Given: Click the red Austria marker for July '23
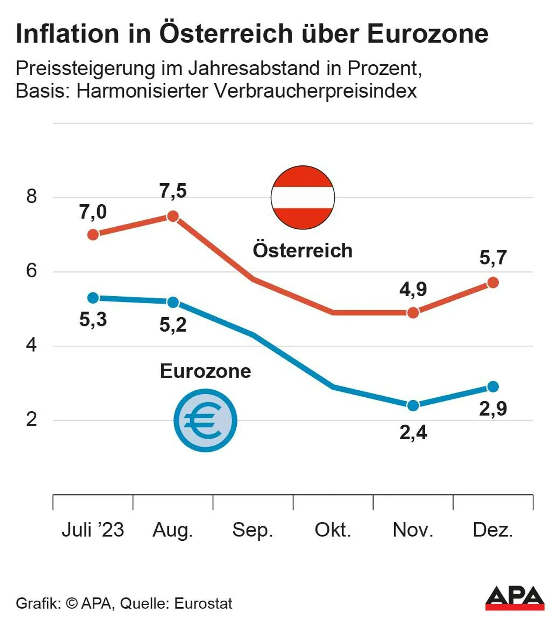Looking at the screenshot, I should [93, 235].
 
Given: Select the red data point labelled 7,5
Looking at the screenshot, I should [173, 216].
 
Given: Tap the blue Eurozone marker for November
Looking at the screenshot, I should [413, 406].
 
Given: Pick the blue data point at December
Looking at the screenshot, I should [493, 387].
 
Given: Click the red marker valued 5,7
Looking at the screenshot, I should [493, 283].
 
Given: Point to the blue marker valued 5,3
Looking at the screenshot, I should [93, 298].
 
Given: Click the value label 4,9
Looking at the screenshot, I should [413, 290].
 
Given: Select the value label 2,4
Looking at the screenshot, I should [413, 433].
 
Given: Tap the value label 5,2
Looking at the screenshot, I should [173, 325].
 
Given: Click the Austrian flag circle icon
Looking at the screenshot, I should [303, 197].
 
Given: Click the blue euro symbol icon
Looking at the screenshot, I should [205, 420].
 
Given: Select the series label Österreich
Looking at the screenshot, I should [302, 251].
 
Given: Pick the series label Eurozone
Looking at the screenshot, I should [205, 371].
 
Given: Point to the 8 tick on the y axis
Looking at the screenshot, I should [31, 196].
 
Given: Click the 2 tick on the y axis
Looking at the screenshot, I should [31, 420].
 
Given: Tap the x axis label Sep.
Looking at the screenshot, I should [252, 530].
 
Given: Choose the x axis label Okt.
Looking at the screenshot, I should [332, 530].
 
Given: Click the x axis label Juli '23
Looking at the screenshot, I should [93, 530].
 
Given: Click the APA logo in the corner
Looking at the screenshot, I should [514, 598].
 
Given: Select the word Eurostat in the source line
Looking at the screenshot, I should [203, 604].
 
